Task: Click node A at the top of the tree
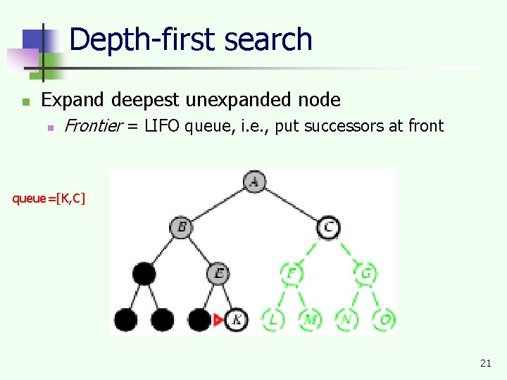click(x=254, y=182)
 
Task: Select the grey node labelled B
click(x=181, y=227)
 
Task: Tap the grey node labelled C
click(x=328, y=227)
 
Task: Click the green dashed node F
click(x=291, y=273)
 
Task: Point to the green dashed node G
click(x=365, y=273)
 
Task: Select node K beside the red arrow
click(x=237, y=319)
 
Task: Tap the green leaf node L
click(x=273, y=319)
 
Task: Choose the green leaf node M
click(x=310, y=319)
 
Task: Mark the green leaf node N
click(x=347, y=319)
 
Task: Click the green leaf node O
click(x=384, y=319)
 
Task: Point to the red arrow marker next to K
click(x=218, y=320)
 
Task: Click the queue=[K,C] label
click(x=49, y=198)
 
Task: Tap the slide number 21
click(x=485, y=363)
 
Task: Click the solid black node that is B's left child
click(x=144, y=273)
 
